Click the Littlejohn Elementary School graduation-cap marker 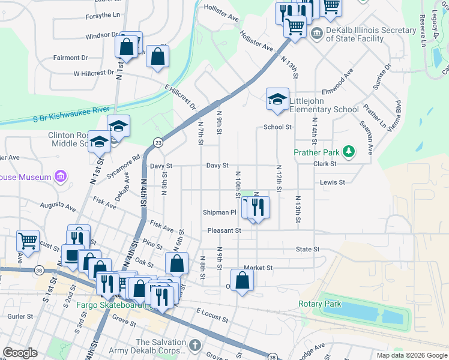pos(277,100)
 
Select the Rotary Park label pos(320,304)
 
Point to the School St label pos(277,127)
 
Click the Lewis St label pos(333,182)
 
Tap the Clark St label pos(324,163)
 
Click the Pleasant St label pos(224,230)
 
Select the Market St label pos(258,268)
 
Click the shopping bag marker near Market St pos(242,281)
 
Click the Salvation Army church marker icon pos(194,345)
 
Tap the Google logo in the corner pos(20,353)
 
